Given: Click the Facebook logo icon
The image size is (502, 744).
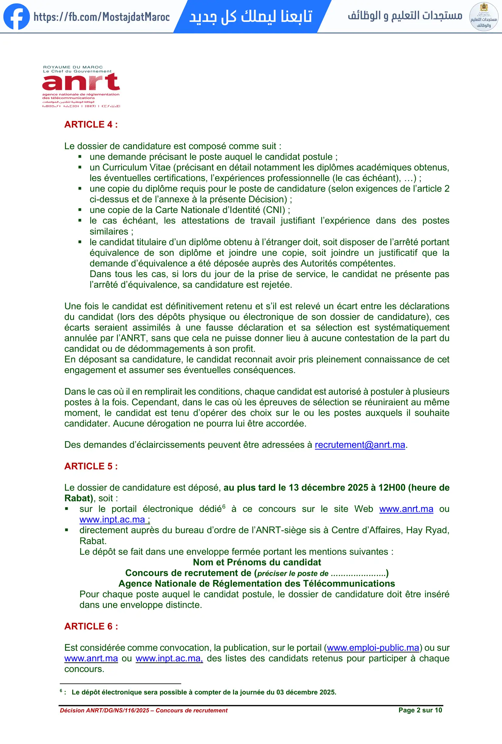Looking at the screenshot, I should (16, 17).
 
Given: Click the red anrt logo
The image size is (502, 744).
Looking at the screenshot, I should (81, 82).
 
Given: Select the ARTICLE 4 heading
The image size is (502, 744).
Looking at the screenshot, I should (91, 125).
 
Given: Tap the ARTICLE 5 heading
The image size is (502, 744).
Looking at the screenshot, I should (91, 466).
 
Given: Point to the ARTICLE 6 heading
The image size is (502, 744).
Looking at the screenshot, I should (91, 626).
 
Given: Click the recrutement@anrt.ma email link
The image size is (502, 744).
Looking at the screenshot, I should (360, 445).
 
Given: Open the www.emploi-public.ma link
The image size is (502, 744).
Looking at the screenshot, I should (372, 648).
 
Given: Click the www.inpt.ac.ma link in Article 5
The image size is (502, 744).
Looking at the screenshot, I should (114, 519).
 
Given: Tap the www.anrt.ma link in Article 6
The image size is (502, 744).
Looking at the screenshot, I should (91, 659).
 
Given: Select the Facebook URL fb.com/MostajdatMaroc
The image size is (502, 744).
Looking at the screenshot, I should (102, 17).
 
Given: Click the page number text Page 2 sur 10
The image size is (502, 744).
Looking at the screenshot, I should (420, 710).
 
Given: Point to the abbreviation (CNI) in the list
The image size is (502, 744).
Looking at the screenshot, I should (274, 210).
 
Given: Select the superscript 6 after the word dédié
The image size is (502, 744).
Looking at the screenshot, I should (224, 506).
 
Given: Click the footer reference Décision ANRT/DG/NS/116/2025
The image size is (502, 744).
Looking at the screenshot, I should (104, 710).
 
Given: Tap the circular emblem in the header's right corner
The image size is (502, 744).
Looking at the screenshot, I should (483, 17).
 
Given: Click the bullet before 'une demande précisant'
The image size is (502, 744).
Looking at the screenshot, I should (80, 157).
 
